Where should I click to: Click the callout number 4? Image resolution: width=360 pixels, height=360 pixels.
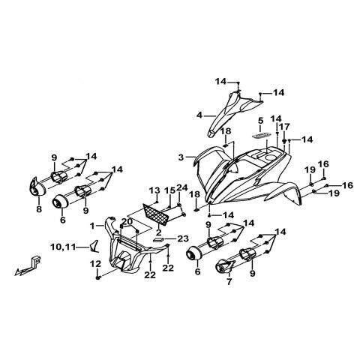click(199, 115)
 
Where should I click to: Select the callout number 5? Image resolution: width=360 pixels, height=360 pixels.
click(260, 121)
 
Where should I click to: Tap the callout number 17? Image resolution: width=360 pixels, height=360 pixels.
click(285, 127)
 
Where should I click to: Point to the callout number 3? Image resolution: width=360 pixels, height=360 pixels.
click(181, 157)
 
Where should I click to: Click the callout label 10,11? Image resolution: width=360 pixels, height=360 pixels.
click(63, 247)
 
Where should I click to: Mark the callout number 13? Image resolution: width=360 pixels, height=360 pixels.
click(154, 190)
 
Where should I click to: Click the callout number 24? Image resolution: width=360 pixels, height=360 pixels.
click(182, 187)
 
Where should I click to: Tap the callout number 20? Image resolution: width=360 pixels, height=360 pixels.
click(127, 221)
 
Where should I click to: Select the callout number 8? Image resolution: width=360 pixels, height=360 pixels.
click(39, 208)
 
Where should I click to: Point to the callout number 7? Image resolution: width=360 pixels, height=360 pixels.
click(229, 282)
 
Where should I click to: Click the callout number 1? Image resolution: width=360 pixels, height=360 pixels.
click(92, 226)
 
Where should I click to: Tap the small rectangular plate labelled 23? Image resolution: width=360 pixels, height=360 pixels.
click(158, 240)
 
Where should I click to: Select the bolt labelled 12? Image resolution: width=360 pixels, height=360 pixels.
click(97, 277)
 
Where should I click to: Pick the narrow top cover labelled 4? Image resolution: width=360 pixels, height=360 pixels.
click(230, 112)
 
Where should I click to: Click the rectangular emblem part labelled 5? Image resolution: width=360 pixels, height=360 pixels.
click(260, 135)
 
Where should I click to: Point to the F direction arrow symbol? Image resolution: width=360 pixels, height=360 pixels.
click(28, 265)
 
